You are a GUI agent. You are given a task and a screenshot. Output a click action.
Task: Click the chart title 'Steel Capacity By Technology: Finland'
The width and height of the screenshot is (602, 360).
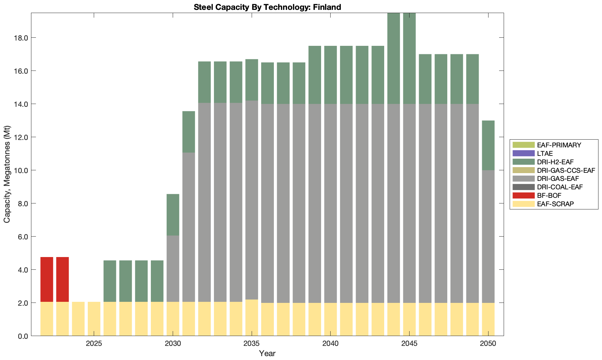click(x=267, y=7)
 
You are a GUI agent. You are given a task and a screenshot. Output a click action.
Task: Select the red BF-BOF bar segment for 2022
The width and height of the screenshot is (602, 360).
click(x=47, y=279)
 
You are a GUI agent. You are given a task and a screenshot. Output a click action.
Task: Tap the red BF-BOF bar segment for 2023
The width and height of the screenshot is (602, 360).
click(x=62, y=279)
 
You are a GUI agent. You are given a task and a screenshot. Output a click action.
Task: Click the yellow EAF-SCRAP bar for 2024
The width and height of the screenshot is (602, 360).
click(x=78, y=319)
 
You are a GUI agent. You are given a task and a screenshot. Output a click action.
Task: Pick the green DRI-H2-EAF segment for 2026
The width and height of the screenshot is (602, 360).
click(x=110, y=281)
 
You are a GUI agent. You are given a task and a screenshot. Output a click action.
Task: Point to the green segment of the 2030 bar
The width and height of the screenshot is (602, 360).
click(x=173, y=215)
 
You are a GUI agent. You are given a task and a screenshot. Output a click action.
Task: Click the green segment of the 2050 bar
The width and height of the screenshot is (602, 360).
click(x=488, y=145)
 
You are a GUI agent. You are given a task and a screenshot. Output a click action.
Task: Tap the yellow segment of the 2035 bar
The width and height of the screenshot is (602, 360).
click(x=252, y=317)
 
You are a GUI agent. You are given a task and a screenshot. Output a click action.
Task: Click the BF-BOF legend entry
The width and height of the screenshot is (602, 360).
click(x=549, y=195)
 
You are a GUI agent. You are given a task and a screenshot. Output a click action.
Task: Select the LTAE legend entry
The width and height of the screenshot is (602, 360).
click(x=545, y=153)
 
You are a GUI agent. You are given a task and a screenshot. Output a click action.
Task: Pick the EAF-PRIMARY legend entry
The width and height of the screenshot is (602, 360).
click(x=559, y=145)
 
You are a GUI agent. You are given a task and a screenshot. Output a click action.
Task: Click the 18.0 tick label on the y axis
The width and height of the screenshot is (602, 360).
click(x=22, y=38)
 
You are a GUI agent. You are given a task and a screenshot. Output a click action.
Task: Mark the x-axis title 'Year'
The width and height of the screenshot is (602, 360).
click(x=267, y=353)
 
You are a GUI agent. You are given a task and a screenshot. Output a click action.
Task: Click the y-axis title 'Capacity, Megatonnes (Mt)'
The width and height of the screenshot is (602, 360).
click(x=7, y=174)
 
